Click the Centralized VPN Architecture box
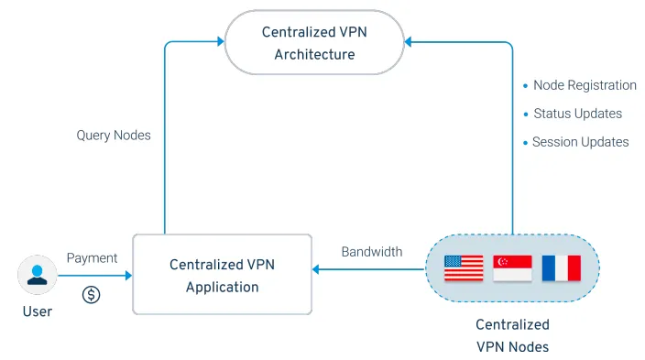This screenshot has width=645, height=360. [x=314, y=42]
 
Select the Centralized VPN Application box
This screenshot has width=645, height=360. [x=222, y=275]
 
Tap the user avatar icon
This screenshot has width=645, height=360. [x=37, y=275]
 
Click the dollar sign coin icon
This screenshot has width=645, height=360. [x=91, y=295]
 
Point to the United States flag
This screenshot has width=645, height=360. [x=464, y=267]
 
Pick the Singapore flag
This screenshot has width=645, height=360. [x=512, y=267]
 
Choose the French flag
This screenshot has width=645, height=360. [x=562, y=267]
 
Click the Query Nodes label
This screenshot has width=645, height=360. [x=114, y=136]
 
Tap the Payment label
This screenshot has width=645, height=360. [x=93, y=258]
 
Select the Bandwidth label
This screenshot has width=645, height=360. [x=372, y=251]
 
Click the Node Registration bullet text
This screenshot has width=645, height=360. [x=585, y=85]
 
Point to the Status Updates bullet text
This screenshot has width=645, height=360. [x=577, y=114]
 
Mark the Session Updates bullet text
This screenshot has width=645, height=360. [x=581, y=142]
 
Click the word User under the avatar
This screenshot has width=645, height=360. [x=38, y=311]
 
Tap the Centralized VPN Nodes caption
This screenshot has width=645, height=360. [x=512, y=336]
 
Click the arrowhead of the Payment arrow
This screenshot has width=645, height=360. [x=129, y=275]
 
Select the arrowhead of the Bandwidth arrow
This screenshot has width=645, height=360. [x=315, y=269]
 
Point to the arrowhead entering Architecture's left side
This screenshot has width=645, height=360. [x=221, y=41]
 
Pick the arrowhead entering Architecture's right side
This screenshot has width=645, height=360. [x=408, y=41]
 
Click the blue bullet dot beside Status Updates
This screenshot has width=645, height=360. [x=526, y=114]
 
